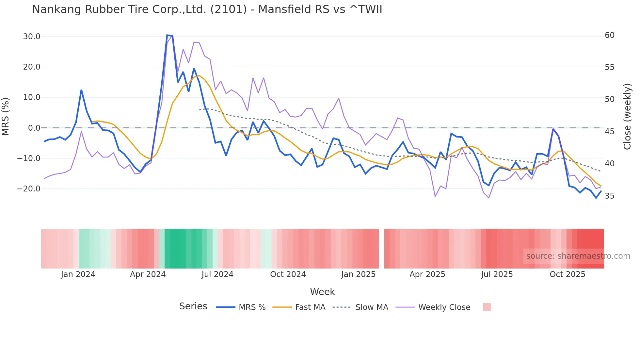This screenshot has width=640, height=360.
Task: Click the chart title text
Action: click(207, 9)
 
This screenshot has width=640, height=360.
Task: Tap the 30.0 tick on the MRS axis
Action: click(31, 37)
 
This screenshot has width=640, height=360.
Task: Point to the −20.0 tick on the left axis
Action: click(29, 189)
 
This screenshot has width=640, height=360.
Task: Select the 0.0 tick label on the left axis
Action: click(34, 128)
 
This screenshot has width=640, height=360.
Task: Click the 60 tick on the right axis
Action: click(610, 35)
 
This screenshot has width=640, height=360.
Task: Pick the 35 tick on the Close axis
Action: click(610, 196)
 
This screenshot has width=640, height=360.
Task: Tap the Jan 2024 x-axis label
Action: click(78, 274)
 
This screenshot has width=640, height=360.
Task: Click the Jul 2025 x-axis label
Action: click(497, 274)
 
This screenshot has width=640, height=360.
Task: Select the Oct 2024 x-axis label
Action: click(288, 274)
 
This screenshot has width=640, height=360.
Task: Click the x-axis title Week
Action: click(322, 292)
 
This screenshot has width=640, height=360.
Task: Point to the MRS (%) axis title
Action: click(6, 116)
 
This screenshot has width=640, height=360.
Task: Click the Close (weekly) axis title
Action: click(627, 117)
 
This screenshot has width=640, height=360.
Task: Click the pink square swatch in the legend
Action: click(487, 307)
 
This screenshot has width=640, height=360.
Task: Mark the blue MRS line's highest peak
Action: click(167, 35)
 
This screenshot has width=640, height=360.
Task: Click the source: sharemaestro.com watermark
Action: click(578, 256)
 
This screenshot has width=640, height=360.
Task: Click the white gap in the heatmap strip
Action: click(381, 249)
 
